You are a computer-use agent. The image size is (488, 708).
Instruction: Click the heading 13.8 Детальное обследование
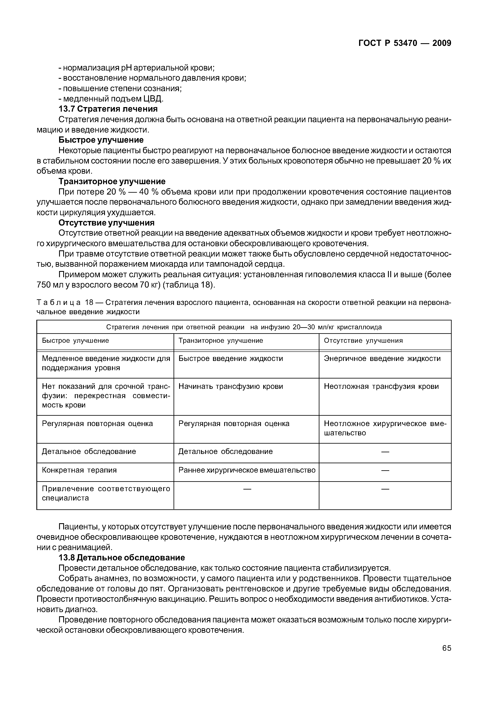click(x=121, y=558)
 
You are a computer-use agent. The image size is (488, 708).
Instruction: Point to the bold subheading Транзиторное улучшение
click(x=112, y=181)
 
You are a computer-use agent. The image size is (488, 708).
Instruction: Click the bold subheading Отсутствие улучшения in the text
click(x=106, y=222)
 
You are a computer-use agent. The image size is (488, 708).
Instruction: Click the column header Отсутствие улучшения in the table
click(x=363, y=340)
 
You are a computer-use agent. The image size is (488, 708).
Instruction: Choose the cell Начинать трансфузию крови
click(x=231, y=386)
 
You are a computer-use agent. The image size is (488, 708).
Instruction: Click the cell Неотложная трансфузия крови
click(x=381, y=386)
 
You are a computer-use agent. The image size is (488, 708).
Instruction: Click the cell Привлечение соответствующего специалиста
click(x=106, y=493)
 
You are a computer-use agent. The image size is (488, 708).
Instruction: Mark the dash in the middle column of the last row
click(x=247, y=489)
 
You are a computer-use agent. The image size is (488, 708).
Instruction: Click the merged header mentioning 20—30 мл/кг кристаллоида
click(x=244, y=327)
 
